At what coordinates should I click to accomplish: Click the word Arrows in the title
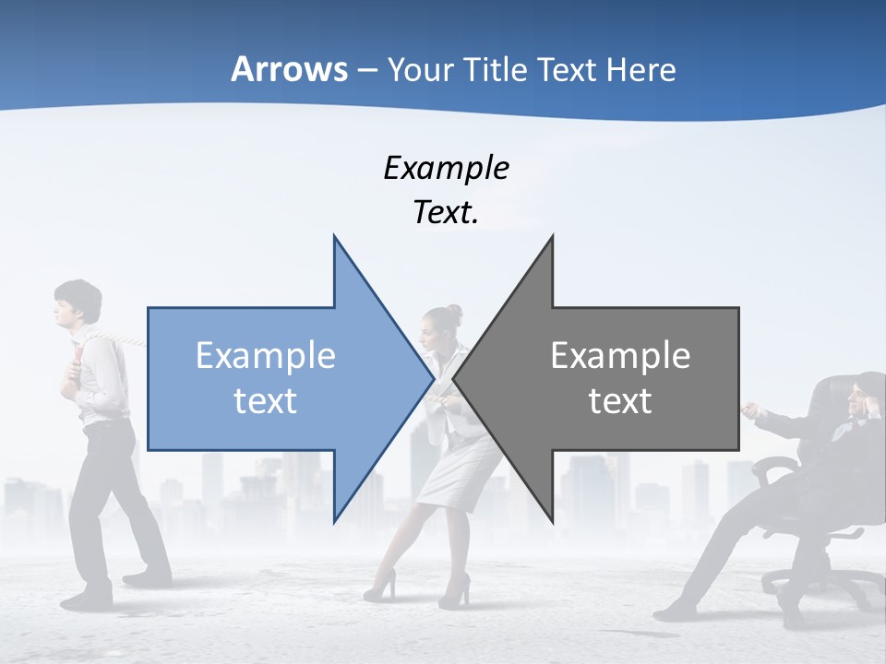(289, 69)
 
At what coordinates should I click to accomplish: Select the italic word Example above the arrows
(446, 169)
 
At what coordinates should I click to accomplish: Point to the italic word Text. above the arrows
(446, 213)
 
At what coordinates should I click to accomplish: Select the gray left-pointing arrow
(618, 377)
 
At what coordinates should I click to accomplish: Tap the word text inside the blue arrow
(265, 401)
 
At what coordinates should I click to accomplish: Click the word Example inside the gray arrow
(620, 355)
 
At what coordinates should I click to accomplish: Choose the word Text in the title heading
(569, 69)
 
